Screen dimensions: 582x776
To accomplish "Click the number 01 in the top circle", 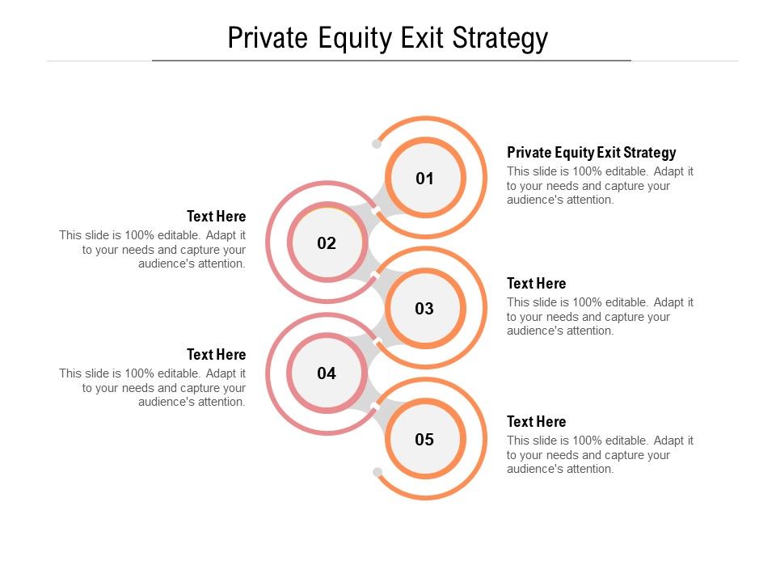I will tap(424, 179).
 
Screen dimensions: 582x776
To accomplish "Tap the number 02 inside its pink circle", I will tap(327, 243).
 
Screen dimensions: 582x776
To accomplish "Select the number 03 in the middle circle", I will tap(424, 309).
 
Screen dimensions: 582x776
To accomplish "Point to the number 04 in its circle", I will tap(327, 374).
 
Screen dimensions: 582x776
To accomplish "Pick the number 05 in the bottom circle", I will tap(424, 440).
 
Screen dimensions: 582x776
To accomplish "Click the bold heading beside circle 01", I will tap(591, 153).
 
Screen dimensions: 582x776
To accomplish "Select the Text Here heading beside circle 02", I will tap(216, 217).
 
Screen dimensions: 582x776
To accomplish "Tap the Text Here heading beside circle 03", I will tap(536, 284).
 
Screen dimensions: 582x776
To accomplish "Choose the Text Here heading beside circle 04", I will tap(216, 355).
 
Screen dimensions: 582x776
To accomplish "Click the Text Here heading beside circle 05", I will tap(536, 422).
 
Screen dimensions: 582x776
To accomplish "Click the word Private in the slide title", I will tap(268, 38).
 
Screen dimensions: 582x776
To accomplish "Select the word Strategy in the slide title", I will tap(500, 38).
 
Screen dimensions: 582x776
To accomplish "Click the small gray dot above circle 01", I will tap(377, 144).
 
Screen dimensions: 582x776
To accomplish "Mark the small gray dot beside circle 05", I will tap(377, 471).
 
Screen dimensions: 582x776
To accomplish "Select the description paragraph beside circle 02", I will tap(154, 250).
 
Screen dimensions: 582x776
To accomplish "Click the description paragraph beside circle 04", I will tap(154, 388).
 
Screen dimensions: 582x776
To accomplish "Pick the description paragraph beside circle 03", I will tap(600, 317).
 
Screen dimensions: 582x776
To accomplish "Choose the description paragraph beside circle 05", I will tap(600, 455).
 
